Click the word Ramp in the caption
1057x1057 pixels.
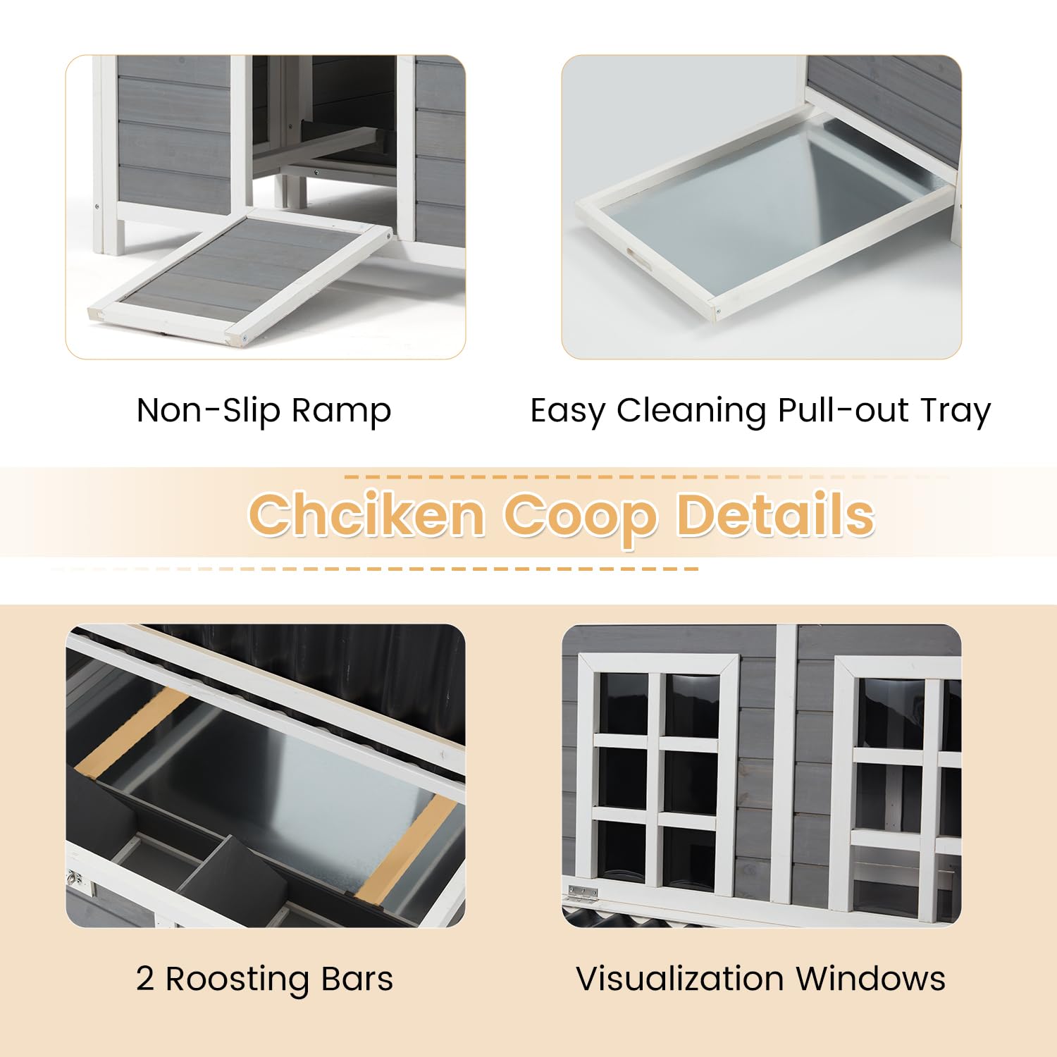[x=341, y=411]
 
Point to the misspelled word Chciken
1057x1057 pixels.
[x=366, y=514]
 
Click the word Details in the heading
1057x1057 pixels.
[x=775, y=514]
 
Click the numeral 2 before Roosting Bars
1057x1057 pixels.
[x=145, y=979]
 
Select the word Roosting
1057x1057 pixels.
[x=239, y=979]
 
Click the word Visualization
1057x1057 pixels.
[x=679, y=979]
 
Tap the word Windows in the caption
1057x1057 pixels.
[x=871, y=979]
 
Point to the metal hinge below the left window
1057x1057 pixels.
[x=583, y=894]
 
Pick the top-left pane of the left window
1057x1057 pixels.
[x=623, y=703]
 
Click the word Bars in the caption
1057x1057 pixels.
[x=357, y=979]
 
